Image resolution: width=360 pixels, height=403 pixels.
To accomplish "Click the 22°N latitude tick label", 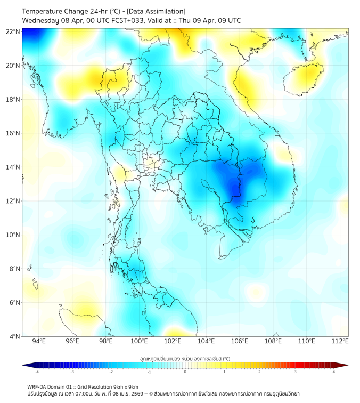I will click(x=13, y=31).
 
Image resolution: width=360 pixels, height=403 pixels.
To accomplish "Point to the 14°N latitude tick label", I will click(x=13, y=167).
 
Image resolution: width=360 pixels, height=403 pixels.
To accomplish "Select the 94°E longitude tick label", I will click(x=39, y=341).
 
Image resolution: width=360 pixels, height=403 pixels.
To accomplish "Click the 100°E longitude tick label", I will click(x=139, y=341).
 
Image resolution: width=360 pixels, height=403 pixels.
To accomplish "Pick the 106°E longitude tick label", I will click(x=240, y=341).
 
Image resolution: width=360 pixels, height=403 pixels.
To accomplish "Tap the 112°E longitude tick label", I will click(x=340, y=341).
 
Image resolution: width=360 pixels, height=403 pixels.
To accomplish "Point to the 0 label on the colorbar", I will click(x=185, y=372).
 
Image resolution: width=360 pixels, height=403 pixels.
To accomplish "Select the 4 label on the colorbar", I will click(x=334, y=372).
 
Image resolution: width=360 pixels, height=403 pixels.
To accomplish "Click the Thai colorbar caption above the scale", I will click(x=185, y=359).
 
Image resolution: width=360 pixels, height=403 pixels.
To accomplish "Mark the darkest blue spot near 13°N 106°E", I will click(x=234, y=188).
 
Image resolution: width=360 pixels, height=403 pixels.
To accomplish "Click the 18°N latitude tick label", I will click(x=13, y=100).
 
